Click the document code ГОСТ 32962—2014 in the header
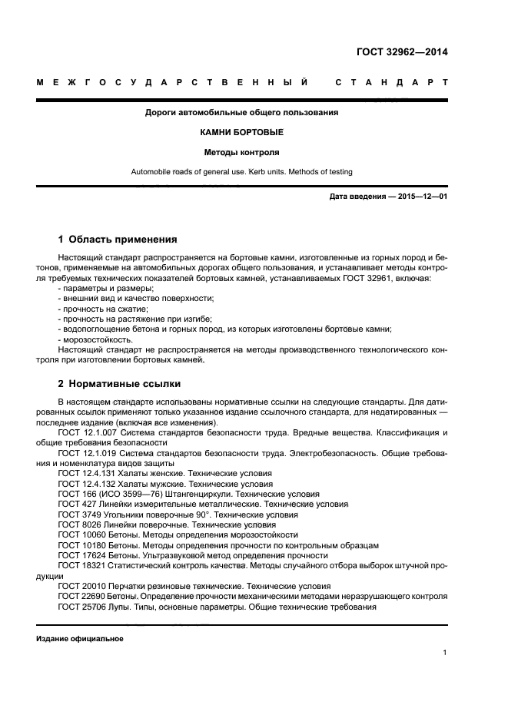point(402,52)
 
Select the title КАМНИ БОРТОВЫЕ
point(242,132)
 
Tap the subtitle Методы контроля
point(242,152)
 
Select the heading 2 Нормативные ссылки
point(120,383)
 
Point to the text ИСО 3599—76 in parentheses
point(126,494)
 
